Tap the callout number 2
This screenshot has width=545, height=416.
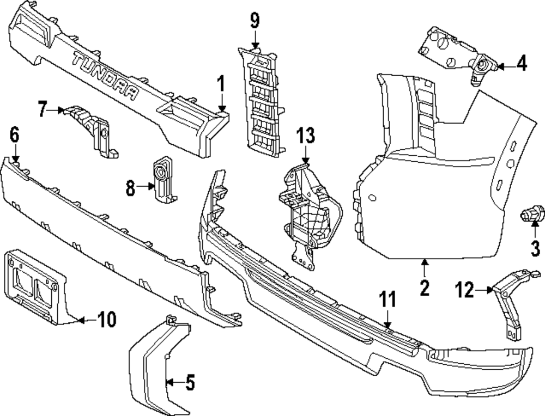point(425,287)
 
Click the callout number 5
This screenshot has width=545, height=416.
point(189,383)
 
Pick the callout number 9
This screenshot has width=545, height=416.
point(255,21)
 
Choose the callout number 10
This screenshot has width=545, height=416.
point(107,320)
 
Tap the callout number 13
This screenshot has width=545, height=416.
point(306,134)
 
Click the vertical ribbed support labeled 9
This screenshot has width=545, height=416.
point(262,101)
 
